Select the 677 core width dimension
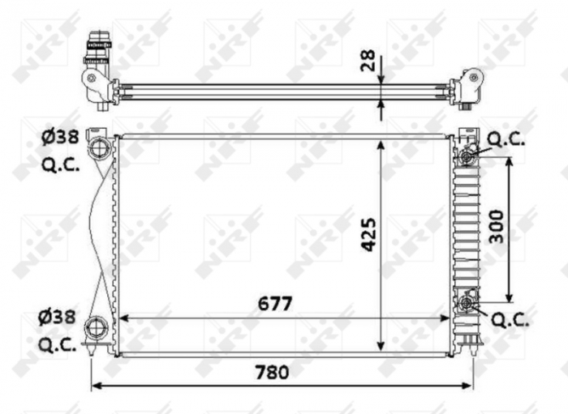click(x=275, y=303)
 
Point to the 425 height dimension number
click(x=368, y=234)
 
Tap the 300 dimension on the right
click(x=497, y=227)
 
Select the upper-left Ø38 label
click(x=60, y=138)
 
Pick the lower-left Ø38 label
click(x=60, y=317)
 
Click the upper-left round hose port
click(x=99, y=148)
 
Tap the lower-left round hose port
click(x=97, y=328)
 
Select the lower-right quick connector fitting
click(x=467, y=304)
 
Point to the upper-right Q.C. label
click(x=506, y=139)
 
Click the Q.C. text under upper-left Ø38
click(x=60, y=164)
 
